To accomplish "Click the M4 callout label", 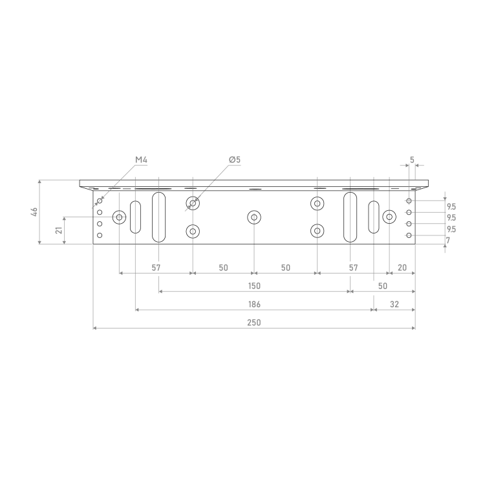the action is [142, 160].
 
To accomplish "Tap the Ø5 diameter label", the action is [235, 160].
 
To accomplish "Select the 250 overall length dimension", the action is [254, 323].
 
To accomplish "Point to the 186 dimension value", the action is [254, 305].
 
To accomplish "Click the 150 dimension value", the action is [254, 286].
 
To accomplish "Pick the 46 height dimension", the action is [34, 212].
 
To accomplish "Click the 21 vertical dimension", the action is [59, 230].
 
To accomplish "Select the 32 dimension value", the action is [394, 305].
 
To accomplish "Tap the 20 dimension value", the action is [402, 268].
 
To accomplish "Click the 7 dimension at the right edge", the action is [448, 241].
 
